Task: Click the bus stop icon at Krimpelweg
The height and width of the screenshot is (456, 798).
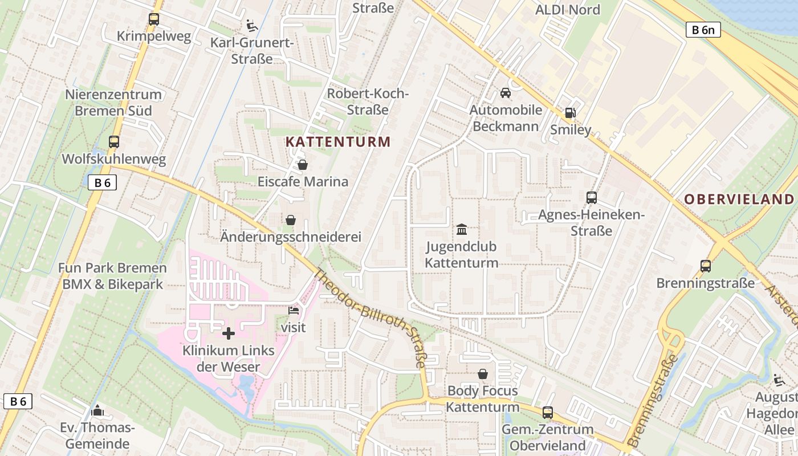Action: (x=154, y=19)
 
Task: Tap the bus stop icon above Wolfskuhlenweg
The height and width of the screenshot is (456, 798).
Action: (x=114, y=142)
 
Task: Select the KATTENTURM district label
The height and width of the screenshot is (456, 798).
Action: (x=338, y=142)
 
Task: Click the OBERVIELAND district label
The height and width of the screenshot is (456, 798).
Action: (x=739, y=199)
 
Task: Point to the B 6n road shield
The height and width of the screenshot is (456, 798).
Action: (x=703, y=30)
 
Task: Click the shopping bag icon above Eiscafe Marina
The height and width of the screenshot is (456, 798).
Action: (x=303, y=165)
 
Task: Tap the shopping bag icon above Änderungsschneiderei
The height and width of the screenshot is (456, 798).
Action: (x=291, y=220)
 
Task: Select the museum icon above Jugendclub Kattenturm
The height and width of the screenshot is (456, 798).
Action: (x=462, y=229)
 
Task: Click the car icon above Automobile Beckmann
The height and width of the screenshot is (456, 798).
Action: (x=505, y=92)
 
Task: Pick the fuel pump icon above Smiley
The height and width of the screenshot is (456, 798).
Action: (x=570, y=113)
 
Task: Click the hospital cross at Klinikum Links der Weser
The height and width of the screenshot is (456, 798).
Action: (x=229, y=333)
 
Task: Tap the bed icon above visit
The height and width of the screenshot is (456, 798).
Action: (x=294, y=311)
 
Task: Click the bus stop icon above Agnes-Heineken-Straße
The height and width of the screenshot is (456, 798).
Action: (x=592, y=198)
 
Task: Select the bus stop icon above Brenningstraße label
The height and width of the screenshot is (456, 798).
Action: (x=706, y=266)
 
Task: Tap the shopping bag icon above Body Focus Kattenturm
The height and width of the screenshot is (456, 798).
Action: (x=483, y=374)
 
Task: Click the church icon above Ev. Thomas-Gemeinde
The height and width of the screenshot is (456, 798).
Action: (x=97, y=410)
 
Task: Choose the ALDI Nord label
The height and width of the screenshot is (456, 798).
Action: (x=568, y=10)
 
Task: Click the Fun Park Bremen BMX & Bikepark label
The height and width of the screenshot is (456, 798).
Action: (x=112, y=276)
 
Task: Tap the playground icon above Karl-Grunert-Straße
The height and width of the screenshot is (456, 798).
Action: (x=251, y=25)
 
